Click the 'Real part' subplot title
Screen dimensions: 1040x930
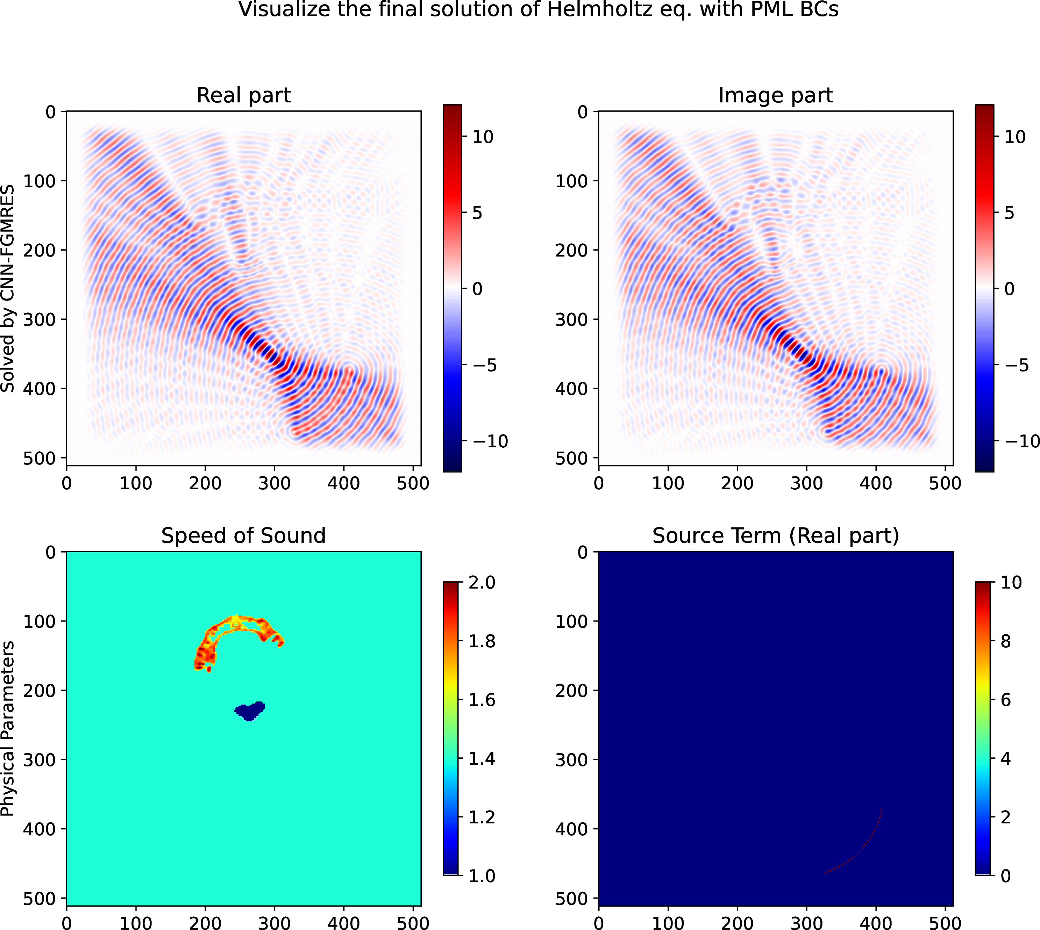pyautogui.click(x=243, y=95)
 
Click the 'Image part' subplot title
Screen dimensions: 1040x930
pyautogui.click(x=776, y=95)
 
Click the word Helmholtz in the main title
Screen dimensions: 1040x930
pyautogui.click(x=600, y=10)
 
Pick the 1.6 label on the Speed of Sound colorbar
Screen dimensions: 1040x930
pyautogui.click(x=482, y=700)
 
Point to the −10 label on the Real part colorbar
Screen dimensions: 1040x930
pyautogui.click(x=490, y=441)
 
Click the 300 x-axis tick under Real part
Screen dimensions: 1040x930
pyautogui.click(x=275, y=483)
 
